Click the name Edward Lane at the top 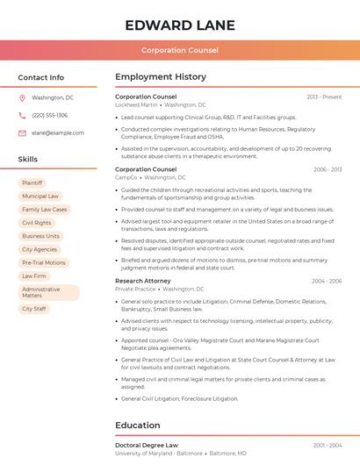[x=179, y=24]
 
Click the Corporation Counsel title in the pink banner [x=179, y=50]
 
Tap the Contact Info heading [x=40, y=77]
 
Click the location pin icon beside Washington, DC [x=22, y=97]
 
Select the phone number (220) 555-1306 [x=49, y=115]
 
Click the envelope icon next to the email [x=22, y=132]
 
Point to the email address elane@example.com [x=58, y=132]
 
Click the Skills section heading [x=27, y=159]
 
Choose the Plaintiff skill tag [x=32, y=183]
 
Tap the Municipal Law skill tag [x=40, y=197]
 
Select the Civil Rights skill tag [x=37, y=223]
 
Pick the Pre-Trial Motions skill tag [x=44, y=262]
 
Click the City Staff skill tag [x=34, y=309]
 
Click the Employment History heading [x=161, y=77]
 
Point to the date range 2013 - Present [x=324, y=97]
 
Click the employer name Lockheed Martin [x=137, y=104]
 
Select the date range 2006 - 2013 [x=327, y=169]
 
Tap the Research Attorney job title [x=143, y=281]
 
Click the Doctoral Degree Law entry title [x=147, y=446]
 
